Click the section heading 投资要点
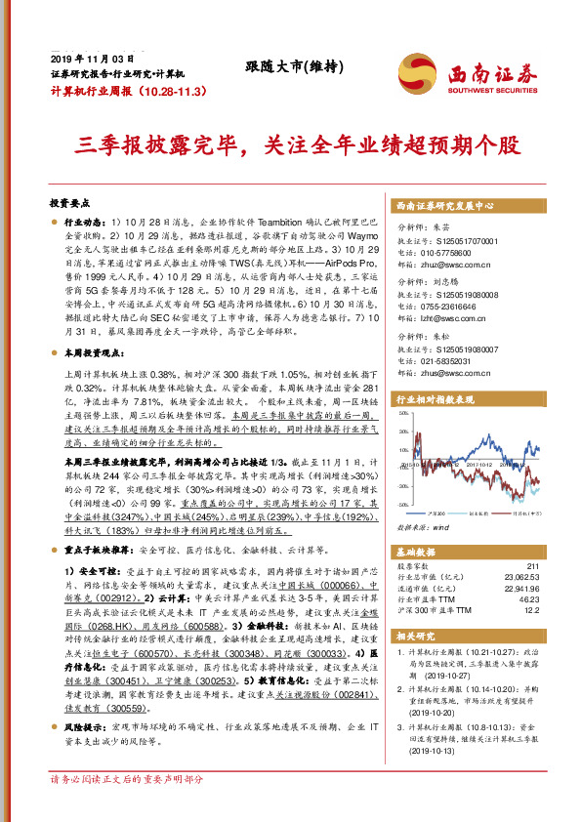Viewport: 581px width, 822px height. point(69,203)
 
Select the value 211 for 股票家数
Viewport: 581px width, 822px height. point(531,565)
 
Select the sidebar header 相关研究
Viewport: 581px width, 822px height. point(414,636)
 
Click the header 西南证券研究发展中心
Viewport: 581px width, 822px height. point(445,207)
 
